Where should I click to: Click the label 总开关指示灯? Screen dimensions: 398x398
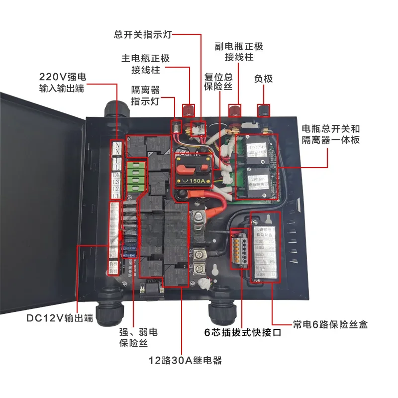click(143, 35)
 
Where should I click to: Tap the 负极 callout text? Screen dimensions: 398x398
click(264, 79)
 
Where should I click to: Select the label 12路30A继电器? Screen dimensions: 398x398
click(185, 360)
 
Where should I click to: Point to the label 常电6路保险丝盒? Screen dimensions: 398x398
click(330, 324)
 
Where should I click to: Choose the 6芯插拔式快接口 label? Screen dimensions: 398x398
click(243, 333)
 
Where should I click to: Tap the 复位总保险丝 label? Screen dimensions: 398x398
click(218, 83)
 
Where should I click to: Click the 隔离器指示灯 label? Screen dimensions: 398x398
click(145, 95)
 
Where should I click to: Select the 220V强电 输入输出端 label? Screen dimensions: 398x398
click(62, 83)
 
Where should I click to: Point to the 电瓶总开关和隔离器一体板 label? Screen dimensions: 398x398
click(331, 134)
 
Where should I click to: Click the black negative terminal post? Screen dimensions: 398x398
click(262, 110)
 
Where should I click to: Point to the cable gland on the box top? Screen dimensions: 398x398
click(112, 109)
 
